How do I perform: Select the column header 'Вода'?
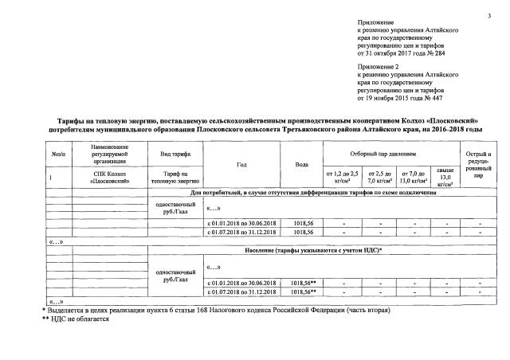301,164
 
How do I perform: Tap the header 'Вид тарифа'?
175,153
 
